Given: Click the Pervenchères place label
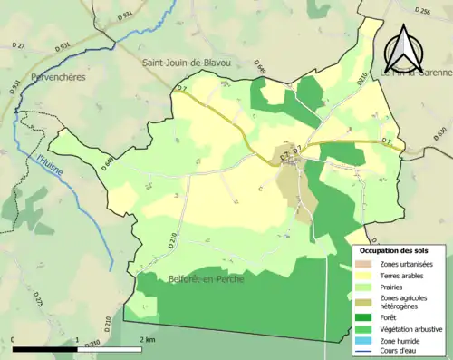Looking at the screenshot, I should point(59,77).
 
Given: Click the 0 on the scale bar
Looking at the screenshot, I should point(14,339).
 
